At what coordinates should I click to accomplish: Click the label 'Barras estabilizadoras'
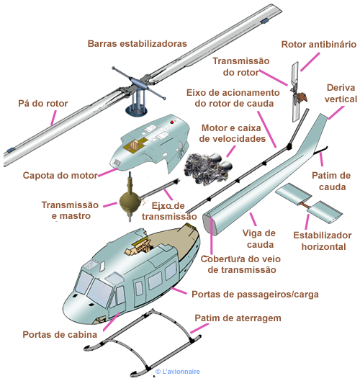pos(138,44)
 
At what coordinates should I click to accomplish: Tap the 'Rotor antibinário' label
pos(319,45)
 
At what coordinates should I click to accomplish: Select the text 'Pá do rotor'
pos(43,104)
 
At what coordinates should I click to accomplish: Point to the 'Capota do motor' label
pos(60,175)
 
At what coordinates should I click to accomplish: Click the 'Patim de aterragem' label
pos(238,318)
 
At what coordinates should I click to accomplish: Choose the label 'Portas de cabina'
pos(60,335)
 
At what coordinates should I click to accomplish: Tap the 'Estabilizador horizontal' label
pos(323,241)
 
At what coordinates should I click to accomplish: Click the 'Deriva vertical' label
pos(341,94)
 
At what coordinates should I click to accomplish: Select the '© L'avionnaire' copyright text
pos(178,372)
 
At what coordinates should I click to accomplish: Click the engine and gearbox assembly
pos(208,168)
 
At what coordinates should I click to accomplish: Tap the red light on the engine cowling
pos(172,122)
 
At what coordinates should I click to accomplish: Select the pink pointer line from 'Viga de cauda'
pos(253,219)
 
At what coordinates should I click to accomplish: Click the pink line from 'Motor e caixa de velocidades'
pos(231,151)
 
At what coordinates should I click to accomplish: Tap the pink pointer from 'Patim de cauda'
pos(321,159)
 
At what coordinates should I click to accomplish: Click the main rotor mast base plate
pos(136,111)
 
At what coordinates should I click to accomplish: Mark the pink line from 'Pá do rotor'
pos(53,118)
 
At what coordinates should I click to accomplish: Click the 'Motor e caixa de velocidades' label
pos(233,133)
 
